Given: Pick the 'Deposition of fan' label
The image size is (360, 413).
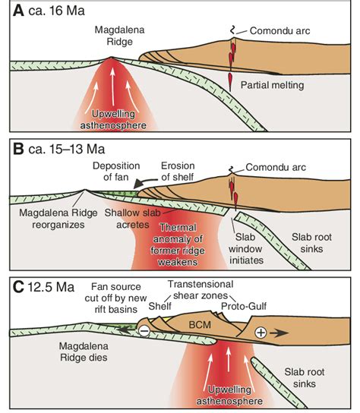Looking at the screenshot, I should click(118, 172).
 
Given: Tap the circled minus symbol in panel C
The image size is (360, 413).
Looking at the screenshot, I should click(143, 331).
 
